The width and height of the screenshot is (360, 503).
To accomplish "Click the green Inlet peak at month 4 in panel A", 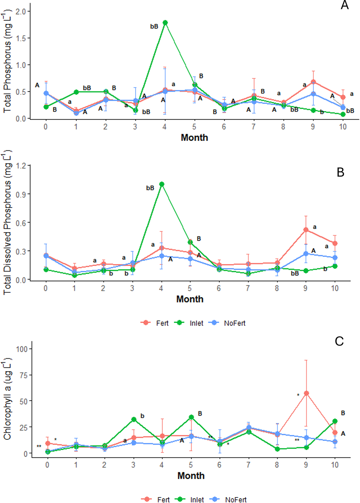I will click(x=165, y=23).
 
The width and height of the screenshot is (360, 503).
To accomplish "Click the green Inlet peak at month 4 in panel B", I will click(x=162, y=184).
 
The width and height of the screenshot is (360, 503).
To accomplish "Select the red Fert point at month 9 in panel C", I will click(x=306, y=393).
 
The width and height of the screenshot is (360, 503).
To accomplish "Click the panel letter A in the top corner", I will click(x=345, y=5).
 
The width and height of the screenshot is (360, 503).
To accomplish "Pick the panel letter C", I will click(x=339, y=341).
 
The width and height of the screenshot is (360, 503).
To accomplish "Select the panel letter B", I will click(x=340, y=172).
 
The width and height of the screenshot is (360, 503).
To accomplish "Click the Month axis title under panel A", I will click(x=194, y=138).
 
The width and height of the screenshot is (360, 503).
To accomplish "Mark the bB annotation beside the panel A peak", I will click(x=154, y=27).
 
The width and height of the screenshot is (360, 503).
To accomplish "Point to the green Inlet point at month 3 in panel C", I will click(x=134, y=420).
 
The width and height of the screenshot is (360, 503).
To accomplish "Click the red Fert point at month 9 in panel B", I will click(x=306, y=230).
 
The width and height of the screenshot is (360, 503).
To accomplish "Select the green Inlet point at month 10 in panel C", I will click(x=335, y=421).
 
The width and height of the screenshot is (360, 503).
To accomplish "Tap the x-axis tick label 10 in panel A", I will click(x=343, y=127).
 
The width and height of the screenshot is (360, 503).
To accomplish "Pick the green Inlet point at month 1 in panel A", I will click(x=76, y=92).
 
